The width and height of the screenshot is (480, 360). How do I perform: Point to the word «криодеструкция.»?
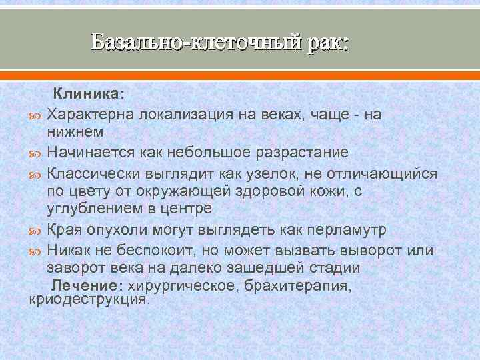pos(91,300)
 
